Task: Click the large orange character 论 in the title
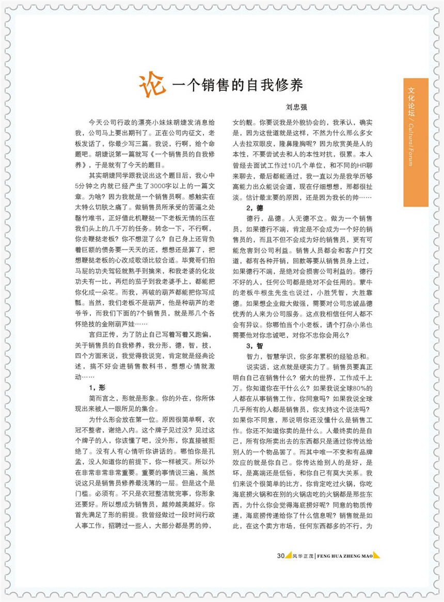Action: pyautogui.click(x=152, y=83)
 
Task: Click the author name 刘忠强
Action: pyautogui.click(x=297, y=108)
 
